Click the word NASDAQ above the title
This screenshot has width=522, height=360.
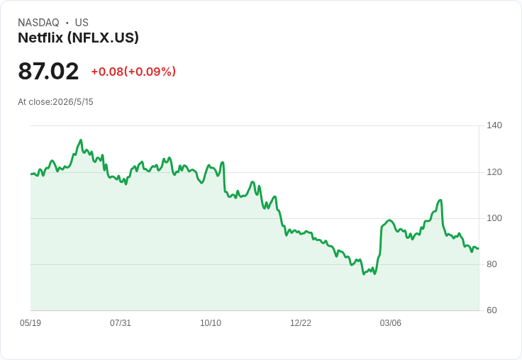(38, 23)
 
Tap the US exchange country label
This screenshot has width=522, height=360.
(82, 23)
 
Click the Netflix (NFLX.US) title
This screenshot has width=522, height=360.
(78, 38)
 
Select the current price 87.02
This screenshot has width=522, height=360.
(48, 71)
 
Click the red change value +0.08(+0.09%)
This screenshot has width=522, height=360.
(133, 72)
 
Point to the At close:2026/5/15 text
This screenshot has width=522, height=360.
(55, 102)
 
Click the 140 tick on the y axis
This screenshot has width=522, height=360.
(494, 125)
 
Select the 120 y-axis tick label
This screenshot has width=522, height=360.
(494, 172)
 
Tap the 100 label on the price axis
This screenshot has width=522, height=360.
(494, 218)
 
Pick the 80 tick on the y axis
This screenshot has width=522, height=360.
(492, 264)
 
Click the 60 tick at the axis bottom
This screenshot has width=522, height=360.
(492, 310)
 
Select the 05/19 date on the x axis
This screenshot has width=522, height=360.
(30, 323)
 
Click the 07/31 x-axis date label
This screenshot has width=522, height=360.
(121, 323)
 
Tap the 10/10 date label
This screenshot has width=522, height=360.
(211, 323)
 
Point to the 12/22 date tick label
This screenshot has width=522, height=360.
(301, 323)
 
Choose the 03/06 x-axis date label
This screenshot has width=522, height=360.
(391, 323)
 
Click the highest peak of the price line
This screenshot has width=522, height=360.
(81, 140)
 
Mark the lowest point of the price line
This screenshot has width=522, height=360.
(364, 274)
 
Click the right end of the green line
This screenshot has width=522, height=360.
(479, 249)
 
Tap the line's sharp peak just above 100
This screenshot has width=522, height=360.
(440, 200)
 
